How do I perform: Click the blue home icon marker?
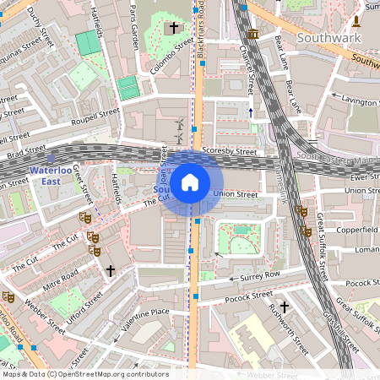pos(190,182)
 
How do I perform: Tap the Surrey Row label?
pos(260,275)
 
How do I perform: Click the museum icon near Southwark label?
pos(254,33)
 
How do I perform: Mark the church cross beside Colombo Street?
pos(174,29)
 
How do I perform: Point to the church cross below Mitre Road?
pos(110,270)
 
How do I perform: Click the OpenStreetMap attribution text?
pos(84,374)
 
